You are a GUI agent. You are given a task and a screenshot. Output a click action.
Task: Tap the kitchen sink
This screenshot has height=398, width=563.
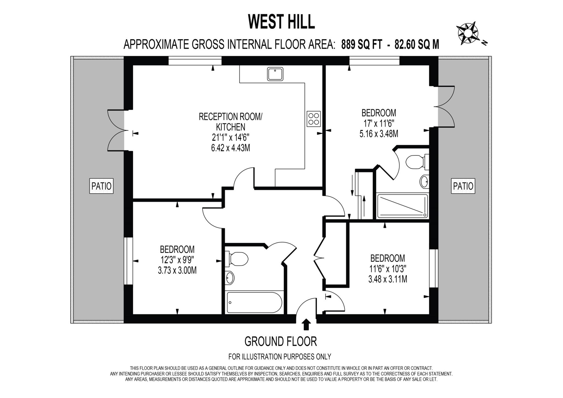coord(275,74)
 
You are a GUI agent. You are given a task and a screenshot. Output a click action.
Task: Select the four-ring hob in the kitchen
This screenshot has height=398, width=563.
coord(314,119)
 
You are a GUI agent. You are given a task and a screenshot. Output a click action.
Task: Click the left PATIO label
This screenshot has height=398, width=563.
coord(101,186)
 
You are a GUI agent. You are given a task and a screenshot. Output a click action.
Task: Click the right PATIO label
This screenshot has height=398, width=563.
coord(463,186)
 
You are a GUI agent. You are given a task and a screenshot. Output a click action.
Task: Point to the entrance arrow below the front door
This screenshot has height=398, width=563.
coord(306,325)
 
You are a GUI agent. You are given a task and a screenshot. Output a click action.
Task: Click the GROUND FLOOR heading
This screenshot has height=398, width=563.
coord(280,341)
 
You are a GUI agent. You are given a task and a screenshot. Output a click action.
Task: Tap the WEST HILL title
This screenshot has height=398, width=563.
coord(281,22)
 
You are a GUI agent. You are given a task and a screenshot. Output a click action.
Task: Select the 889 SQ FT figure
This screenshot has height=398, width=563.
coord(361,44)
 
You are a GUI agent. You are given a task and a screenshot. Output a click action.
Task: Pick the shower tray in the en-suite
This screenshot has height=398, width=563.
coord(403,206)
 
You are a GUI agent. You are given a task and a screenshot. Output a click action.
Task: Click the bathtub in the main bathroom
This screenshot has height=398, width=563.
coord(254,303)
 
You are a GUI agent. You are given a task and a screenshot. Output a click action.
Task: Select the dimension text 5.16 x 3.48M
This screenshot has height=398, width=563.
coord(379,134)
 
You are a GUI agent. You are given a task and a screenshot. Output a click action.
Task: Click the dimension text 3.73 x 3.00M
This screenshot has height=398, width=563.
coord(177,271)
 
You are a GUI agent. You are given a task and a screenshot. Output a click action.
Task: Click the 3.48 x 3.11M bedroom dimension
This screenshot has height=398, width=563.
coord(388,279)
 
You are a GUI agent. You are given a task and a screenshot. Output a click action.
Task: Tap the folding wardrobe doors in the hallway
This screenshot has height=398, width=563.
coord(319,258)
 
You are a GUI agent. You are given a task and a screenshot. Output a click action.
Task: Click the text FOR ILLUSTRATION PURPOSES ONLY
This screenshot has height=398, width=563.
coord(280,357)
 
